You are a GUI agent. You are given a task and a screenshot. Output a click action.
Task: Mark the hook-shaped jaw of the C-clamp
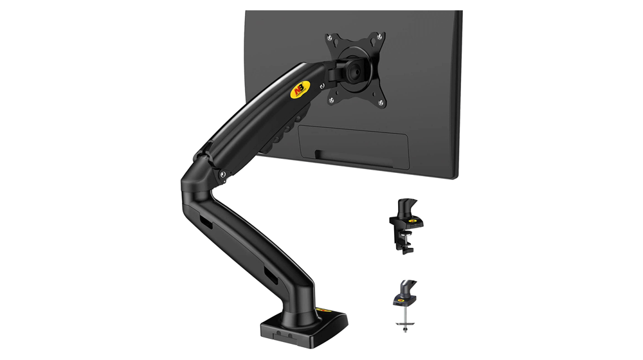(408, 245)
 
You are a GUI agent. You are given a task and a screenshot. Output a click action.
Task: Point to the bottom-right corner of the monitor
(458, 178)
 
